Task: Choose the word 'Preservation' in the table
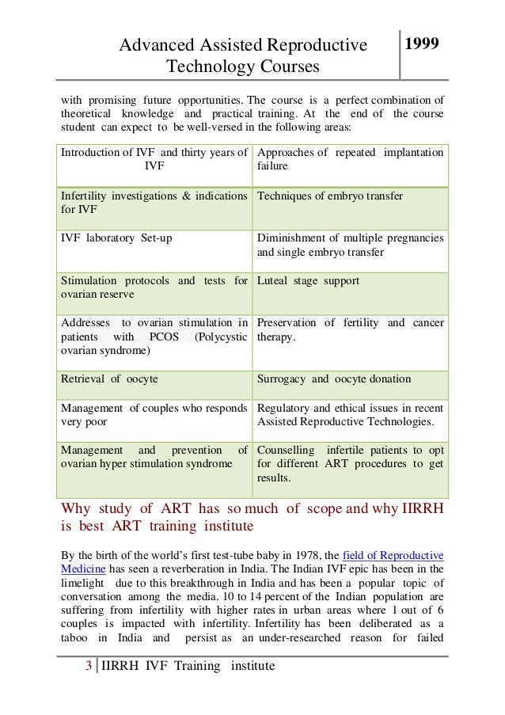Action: tap(290, 322)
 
